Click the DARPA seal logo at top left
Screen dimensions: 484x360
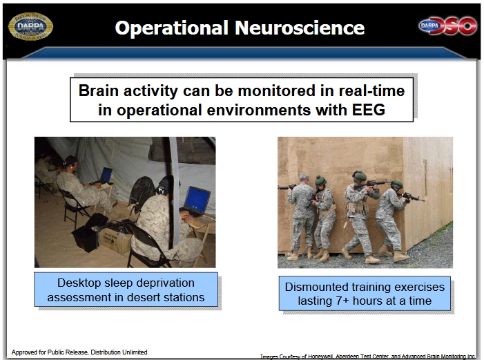pyautogui.click(x=30, y=26)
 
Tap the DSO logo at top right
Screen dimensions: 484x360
pyautogui.click(x=447, y=26)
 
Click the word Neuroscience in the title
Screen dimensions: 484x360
pyautogui.click(x=300, y=28)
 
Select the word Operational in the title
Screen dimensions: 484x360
pyautogui.click(x=172, y=28)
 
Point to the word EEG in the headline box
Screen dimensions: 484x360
pyautogui.click(x=369, y=110)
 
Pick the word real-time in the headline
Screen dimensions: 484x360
pyautogui.click(x=371, y=91)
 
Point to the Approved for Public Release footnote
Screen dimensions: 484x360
pyautogui.click(x=79, y=352)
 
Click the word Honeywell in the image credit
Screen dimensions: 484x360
pyautogui.click(x=319, y=357)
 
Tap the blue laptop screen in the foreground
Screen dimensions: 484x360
pyautogui.click(x=197, y=200)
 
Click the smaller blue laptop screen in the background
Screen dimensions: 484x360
pyautogui.click(x=106, y=175)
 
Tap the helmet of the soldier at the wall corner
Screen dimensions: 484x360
pyautogui.click(x=397, y=184)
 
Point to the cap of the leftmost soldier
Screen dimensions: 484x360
pyautogui.click(x=304, y=177)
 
